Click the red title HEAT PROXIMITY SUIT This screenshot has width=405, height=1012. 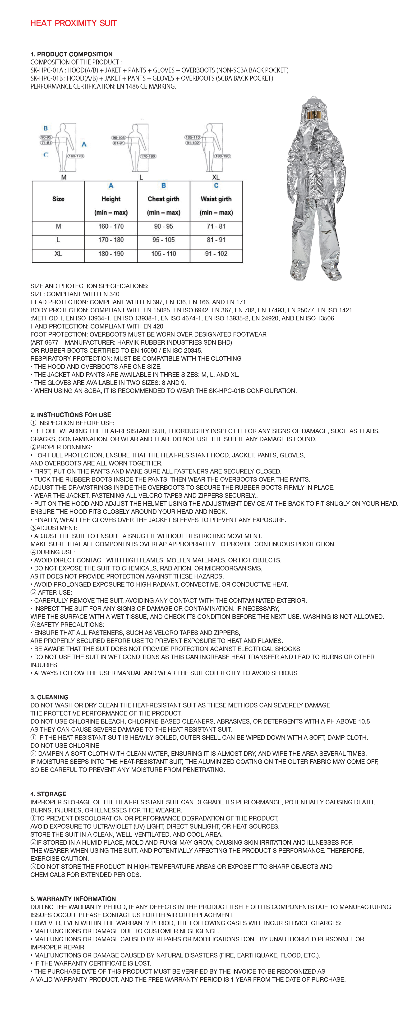[74, 23]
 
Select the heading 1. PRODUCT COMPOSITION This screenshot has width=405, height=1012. [72, 54]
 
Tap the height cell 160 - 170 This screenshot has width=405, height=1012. [111, 226]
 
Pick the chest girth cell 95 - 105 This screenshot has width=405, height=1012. [164, 240]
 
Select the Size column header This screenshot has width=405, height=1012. [58, 199]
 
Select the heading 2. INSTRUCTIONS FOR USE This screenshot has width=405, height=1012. [71, 415]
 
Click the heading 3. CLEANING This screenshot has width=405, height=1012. [50, 697]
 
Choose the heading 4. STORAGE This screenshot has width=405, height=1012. [48, 794]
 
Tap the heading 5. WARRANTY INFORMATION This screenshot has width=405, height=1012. [73, 899]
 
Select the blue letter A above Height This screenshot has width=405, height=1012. [111, 185]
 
